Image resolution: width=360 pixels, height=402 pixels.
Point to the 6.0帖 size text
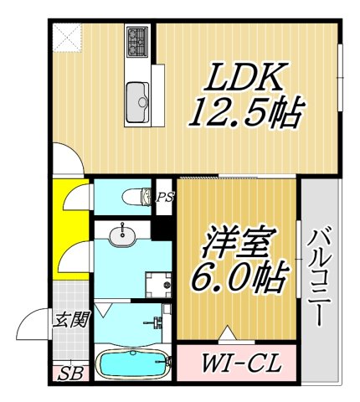(x=236, y=275)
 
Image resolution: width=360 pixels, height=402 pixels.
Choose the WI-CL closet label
(x=235, y=364)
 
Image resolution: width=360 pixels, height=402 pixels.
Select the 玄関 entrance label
(x=69, y=320)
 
